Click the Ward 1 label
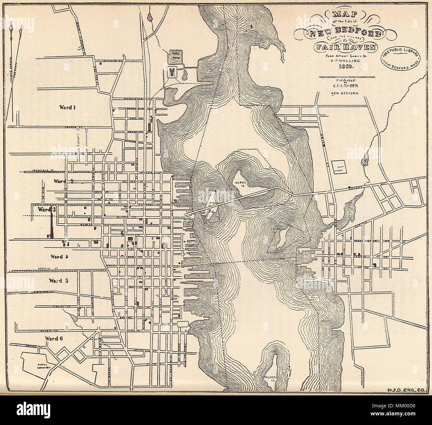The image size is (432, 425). [x=68, y=107]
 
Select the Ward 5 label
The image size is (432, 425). [x=58, y=280]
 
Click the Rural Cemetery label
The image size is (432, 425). [x=43, y=366]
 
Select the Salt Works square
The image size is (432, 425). [x=339, y=166]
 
